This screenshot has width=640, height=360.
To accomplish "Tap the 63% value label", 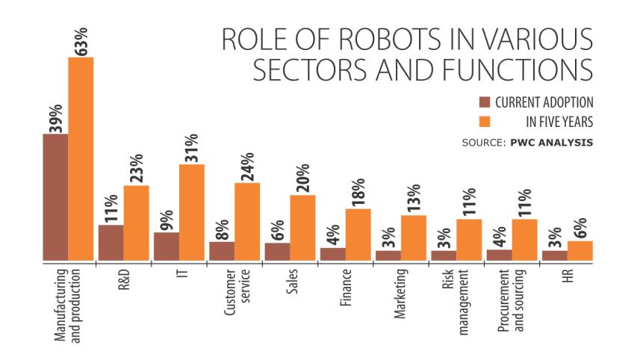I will (x=81, y=42).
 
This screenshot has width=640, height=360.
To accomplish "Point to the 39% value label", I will (x=55, y=119).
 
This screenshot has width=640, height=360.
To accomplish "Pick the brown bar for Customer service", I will (x=222, y=252).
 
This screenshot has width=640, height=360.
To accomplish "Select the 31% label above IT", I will (x=192, y=148).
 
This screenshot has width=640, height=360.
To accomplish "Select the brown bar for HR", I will (x=554, y=255).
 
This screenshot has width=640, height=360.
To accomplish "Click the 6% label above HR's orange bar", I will (x=581, y=226).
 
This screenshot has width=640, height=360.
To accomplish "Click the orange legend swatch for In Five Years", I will (x=483, y=120).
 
